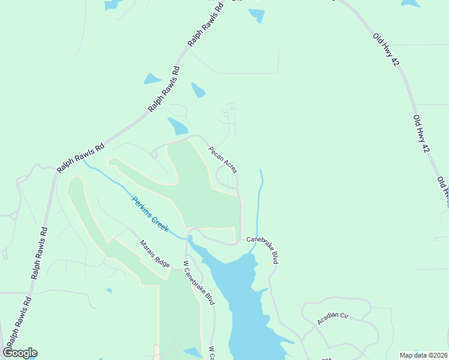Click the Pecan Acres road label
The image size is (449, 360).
223,160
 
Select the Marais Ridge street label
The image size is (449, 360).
155,254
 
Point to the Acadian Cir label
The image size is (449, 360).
333,319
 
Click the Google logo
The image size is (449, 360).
20,353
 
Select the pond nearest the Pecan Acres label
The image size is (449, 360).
178,126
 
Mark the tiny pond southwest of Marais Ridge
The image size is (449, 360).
109,291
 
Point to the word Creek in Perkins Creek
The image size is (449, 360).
159,223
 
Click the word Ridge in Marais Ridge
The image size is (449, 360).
161,260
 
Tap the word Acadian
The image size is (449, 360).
328,321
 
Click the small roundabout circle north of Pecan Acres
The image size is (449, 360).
226,113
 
